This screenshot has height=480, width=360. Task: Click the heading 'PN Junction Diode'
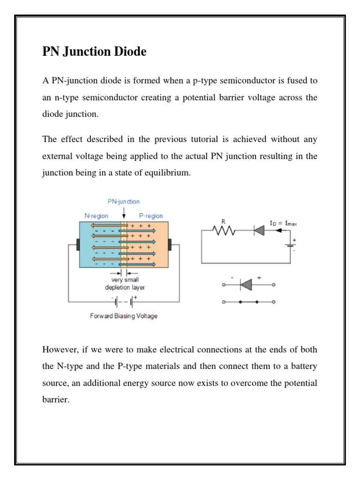[94, 52]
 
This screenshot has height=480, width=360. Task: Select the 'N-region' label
[96, 216]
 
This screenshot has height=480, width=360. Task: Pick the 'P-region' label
[151, 216]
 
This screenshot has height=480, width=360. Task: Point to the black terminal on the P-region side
[170, 244]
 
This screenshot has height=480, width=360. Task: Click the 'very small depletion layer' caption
[125, 284]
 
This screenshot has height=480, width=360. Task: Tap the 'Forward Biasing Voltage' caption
[124, 316]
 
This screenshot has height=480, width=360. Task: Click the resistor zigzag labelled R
[223, 230]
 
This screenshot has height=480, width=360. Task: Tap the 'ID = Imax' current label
[283, 223]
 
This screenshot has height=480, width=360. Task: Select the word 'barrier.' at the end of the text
[56, 400]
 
